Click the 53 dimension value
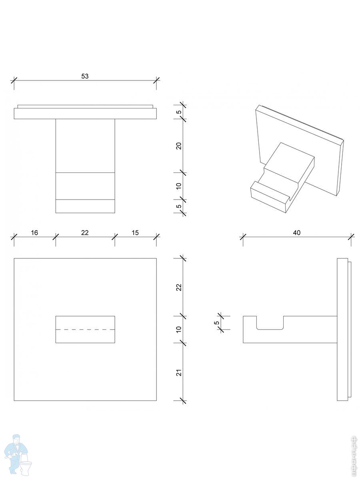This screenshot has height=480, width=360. point(85,76)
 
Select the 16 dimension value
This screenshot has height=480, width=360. point(35,232)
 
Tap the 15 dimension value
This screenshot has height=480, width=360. point(135,232)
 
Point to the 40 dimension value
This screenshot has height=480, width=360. point(296,232)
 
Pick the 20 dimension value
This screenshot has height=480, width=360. point(179,146)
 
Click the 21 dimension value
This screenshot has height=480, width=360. point(179,372)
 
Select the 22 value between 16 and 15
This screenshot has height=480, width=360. point(85,232)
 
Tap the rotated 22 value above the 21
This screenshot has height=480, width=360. point(179,287)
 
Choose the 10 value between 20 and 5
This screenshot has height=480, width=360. point(179,186)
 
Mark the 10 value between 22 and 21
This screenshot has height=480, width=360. point(179,330)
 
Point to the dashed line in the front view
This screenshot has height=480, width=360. point(85,330)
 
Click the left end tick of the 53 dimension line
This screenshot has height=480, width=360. point(14,80)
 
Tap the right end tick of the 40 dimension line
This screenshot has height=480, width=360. point(351,237)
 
